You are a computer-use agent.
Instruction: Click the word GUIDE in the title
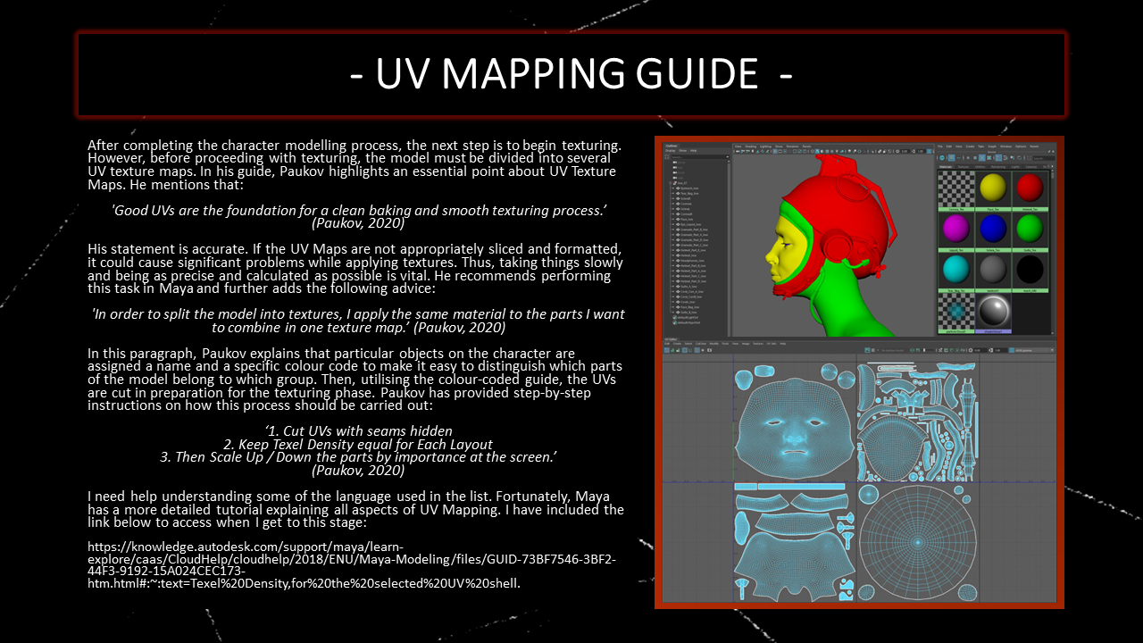pos(696,74)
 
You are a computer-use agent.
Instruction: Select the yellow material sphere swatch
pos(991,187)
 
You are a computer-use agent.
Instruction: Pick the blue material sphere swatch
pos(991,228)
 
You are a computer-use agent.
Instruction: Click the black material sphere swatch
pos(1030,268)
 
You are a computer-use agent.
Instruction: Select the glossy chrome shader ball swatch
pos(991,310)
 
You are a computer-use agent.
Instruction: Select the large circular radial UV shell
pos(916,541)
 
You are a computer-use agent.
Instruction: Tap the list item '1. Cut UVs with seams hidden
pos(359,431)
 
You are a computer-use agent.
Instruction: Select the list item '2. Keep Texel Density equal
pos(359,444)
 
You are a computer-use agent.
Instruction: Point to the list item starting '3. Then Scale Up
pos(359,457)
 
